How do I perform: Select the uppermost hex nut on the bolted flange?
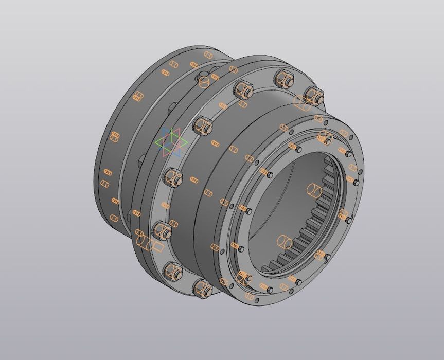283,79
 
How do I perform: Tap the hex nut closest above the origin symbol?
203,125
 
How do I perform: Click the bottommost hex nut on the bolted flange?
203,289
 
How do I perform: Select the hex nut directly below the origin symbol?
174,178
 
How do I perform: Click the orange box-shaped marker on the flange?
157,247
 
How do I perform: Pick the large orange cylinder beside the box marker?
144,242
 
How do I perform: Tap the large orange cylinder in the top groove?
204,81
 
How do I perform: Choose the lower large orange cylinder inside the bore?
285,241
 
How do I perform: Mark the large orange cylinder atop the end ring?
325,138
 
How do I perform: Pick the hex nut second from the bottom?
173,270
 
